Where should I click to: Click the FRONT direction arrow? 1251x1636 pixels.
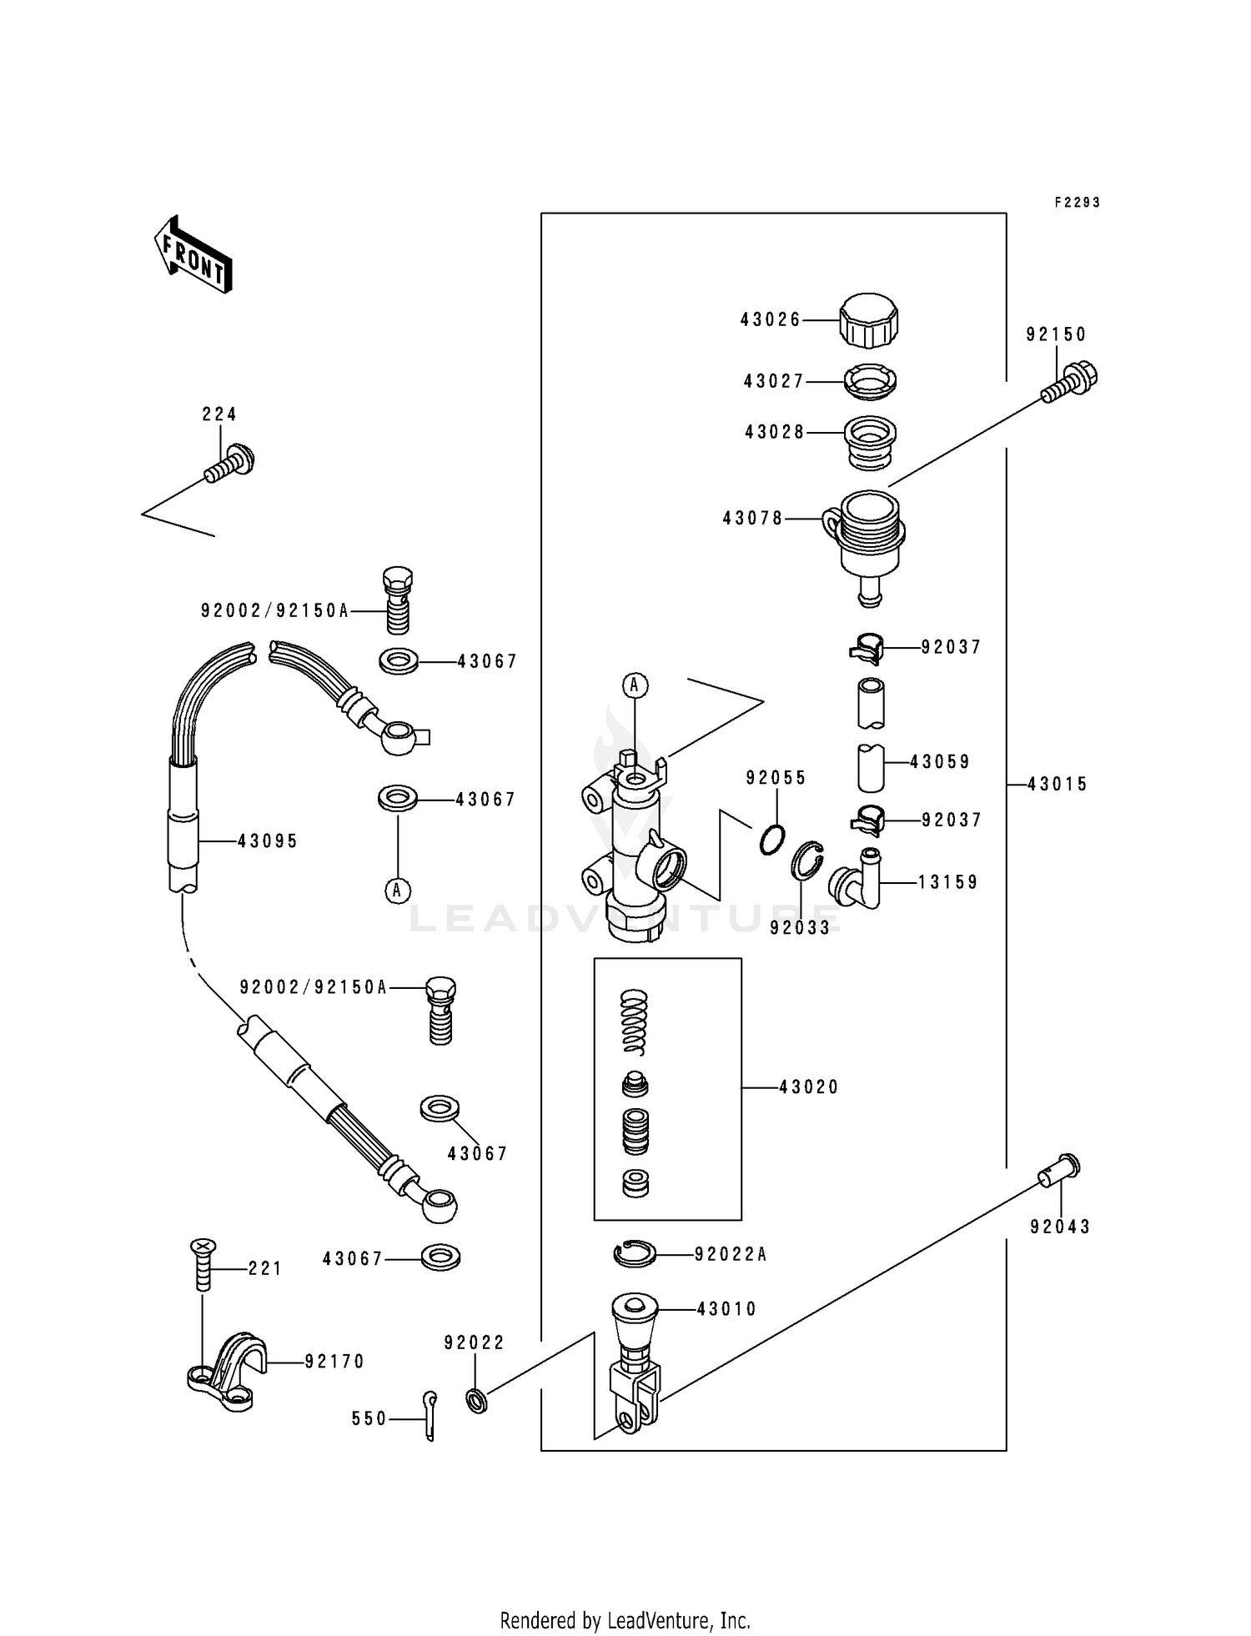pyautogui.click(x=193, y=254)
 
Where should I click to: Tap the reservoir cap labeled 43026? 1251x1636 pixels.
pyautogui.click(x=869, y=320)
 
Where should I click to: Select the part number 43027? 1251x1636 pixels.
pyautogui.click(x=773, y=381)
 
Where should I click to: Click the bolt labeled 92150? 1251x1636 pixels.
pyautogui.click(x=1071, y=384)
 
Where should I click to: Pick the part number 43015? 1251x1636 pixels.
pyautogui.click(x=1058, y=784)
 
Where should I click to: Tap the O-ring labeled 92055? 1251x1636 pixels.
pyautogui.click(x=773, y=839)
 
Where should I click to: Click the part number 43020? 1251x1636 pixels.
pyautogui.click(x=808, y=1087)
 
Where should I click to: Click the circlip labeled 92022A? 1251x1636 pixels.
pyautogui.click(x=636, y=1253)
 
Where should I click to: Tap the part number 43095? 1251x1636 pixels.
pyautogui.click(x=267, y=841)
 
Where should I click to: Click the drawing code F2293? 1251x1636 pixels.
pyautogui.click(x=1077, y=203)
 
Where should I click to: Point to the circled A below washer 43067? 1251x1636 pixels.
pyautogui.click(x=398, y=891)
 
